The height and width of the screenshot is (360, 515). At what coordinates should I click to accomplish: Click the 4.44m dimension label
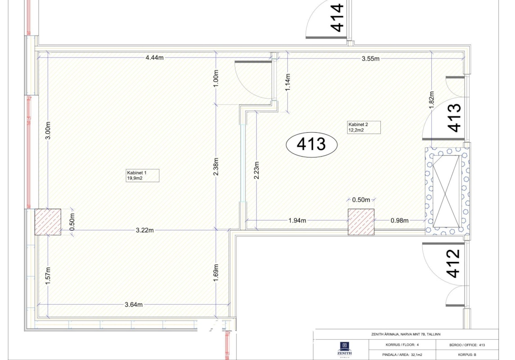point(154,58)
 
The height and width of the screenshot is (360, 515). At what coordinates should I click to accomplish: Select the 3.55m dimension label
point(370,59)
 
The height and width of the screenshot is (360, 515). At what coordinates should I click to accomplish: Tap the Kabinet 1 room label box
point(143,175)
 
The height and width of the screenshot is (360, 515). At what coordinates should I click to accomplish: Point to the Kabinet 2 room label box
point(364,127)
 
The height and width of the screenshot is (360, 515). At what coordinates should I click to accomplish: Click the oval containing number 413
point(312,144)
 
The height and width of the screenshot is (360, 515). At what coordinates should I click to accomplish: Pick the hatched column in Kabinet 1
point(48,222)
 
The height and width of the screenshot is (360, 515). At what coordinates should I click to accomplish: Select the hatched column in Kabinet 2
point(361,222)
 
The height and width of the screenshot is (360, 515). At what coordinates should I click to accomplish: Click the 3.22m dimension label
point(145,230)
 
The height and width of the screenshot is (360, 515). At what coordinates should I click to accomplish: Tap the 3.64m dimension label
point(134,305)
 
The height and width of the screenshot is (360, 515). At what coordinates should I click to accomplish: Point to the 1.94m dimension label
point(297,221)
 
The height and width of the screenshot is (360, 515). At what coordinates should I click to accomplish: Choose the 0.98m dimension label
point(399,221)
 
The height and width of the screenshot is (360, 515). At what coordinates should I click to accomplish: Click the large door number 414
point(337,18)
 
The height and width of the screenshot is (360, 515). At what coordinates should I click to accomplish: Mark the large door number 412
point(454,264)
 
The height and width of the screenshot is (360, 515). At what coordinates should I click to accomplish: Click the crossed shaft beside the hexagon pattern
point(447,191)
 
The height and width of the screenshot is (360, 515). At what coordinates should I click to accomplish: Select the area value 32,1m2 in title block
point(416,355)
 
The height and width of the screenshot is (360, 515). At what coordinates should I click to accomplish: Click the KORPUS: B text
point(467,355)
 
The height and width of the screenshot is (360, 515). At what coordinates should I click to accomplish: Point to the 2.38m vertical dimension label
point(216,166)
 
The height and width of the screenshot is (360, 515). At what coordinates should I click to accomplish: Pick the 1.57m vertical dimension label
point(48,276)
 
